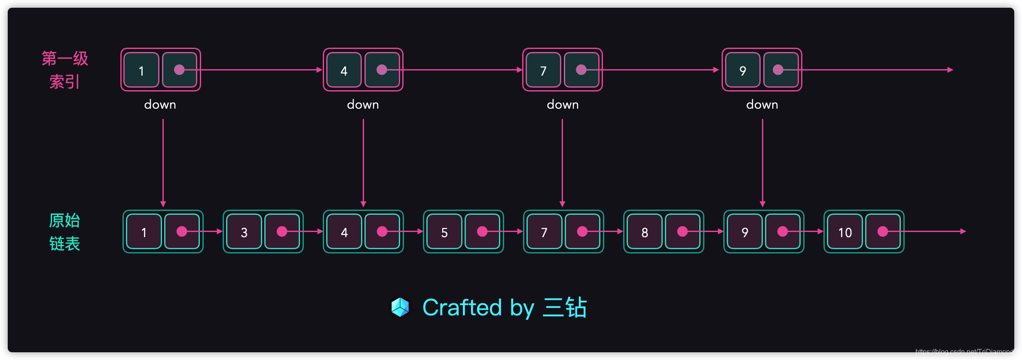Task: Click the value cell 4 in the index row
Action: (344, 70)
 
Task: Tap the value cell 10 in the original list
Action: (845, 232)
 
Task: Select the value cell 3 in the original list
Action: (244, 232)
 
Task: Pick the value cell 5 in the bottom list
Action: (444, 232)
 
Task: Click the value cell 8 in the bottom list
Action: (644, 232)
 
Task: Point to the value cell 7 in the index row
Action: (543, 70)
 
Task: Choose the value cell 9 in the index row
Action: (743, 70)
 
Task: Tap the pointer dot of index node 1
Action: (179, 70)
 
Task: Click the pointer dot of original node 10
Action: (882, 232)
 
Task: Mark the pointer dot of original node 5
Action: (482, 232)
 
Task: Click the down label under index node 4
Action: (363, 104)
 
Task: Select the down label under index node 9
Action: (762, 104)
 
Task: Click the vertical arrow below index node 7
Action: (562, 163)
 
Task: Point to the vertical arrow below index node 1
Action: (163, 163)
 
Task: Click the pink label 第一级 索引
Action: (65, 70)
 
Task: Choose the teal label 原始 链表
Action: (64, 232)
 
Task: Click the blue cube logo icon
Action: (400, 307)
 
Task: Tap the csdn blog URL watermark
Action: (966, 352)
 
